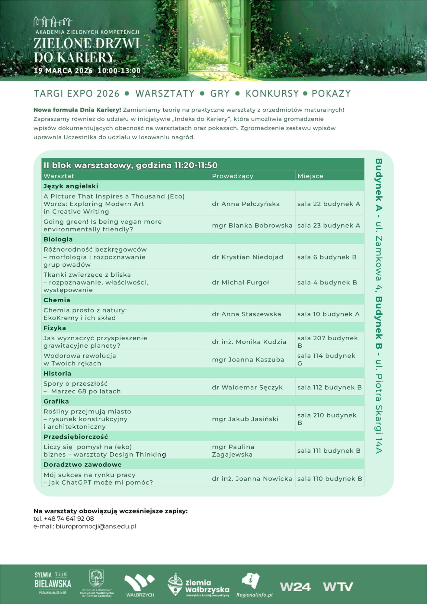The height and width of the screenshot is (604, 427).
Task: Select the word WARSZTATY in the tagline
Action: tap(165, 94)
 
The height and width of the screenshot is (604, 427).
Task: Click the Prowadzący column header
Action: tap(233, 176)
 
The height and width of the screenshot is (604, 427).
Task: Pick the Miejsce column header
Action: tap(310, 176)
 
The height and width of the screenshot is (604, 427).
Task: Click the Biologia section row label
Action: tap(58, 239)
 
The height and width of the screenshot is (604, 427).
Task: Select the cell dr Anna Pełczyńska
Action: tap(246, 204)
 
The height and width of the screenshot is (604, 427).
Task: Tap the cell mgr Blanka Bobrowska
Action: tap(252, 225)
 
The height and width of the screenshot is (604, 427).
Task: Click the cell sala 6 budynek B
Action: tap(327, 257)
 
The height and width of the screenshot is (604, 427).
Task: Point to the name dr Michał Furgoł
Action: tap(240, 282)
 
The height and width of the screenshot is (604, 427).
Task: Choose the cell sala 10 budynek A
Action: tap(328, 314)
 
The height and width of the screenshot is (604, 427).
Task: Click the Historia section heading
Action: tap(57, 373)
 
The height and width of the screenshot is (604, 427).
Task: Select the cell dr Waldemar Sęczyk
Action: tap(247, 387)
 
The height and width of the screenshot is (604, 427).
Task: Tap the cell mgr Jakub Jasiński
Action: tap(245, 419)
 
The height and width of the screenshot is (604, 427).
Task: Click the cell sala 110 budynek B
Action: tap(329, 479)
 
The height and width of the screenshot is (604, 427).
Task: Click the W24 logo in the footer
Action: tap(295, 587)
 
